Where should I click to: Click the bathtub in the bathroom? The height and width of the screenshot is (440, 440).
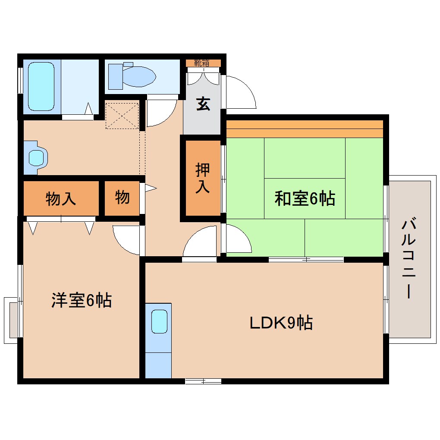(41, 86)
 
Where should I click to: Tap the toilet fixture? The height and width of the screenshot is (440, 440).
(134, 76)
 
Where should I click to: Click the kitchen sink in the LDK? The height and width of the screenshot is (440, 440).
(158, 321)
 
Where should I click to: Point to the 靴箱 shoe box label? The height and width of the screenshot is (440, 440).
(201, 63)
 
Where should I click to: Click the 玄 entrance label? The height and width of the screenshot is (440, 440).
(203, 104)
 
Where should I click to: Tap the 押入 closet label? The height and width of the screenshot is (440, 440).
(203, 178)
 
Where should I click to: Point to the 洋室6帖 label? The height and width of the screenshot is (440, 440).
(82, 300)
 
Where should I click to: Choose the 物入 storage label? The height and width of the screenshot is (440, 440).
(61, 199)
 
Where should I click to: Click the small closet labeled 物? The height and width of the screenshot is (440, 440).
(123, 198)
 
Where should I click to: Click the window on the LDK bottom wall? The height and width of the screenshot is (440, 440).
(203, 381)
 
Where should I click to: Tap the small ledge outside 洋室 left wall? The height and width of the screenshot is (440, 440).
(12, 320)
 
